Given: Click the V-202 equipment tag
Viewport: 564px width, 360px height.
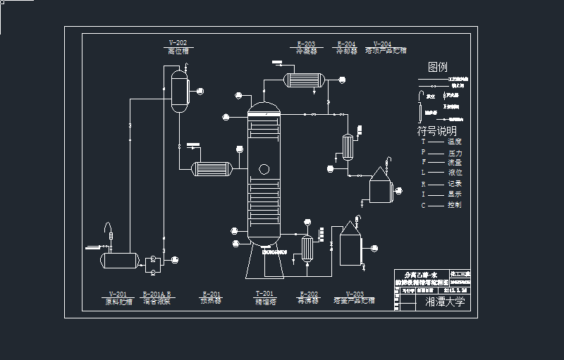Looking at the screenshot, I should pos(178,43).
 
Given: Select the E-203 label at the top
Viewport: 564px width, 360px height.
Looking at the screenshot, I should pos(306,44).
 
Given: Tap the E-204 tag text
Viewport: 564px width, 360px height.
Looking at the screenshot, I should pos(345,44).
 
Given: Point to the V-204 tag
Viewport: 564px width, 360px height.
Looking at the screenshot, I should pos(382,44).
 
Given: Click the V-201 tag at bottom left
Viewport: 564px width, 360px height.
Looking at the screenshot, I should pos(118,294).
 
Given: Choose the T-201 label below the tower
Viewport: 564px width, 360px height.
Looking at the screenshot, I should pos(264,294).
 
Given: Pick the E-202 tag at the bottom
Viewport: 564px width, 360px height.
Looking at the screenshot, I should pos(309,294).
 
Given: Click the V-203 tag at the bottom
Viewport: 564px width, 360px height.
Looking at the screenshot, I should pos(355,294).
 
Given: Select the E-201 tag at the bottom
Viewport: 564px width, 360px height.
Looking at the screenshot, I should pos(211,294).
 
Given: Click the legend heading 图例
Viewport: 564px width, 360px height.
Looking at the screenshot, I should pos(438,68).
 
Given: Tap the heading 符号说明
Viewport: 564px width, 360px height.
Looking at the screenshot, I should pos(437,131).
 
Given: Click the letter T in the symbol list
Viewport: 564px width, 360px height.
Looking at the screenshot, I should pos(423,142).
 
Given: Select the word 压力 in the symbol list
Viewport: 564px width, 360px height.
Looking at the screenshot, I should pos(455,152).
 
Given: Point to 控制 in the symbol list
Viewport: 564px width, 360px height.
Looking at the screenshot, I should pos(455,205).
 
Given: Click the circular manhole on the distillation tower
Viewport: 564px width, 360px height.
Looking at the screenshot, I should pos(264,169).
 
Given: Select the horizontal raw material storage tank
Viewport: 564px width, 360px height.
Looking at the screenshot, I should pos(118,260).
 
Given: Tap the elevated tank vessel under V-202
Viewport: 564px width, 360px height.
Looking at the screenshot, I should pos(180,89).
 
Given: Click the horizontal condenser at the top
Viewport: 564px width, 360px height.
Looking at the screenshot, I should pos(303,79).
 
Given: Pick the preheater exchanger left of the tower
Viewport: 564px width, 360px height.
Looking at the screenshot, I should pos(212,168).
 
